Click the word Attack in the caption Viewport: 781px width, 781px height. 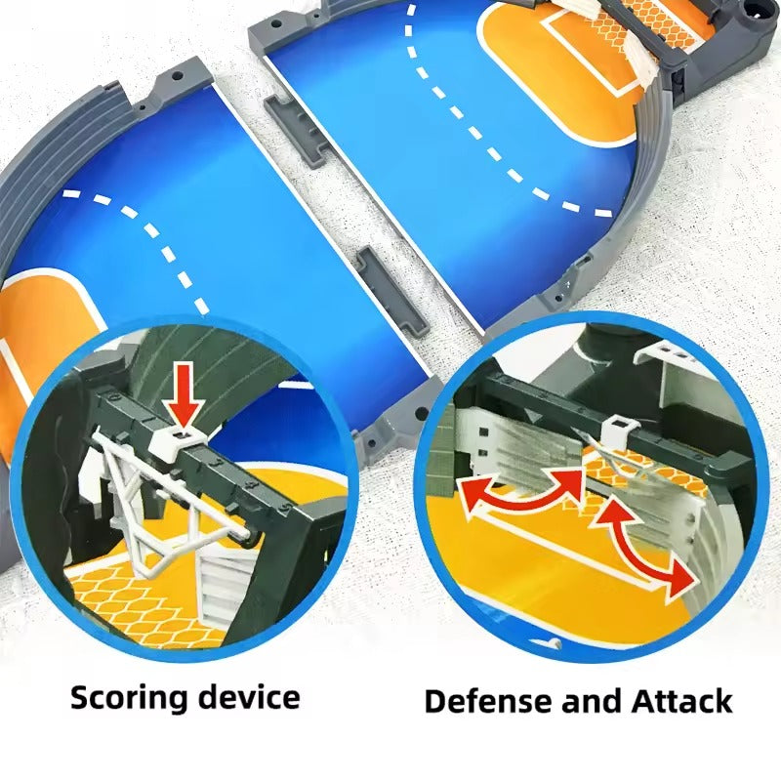pyautogui.click(x=681, y=701)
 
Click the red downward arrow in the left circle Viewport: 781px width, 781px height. pyautogui.click(x=185, y=395)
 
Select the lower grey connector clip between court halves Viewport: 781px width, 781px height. pyautogui.click(x=392, y=289)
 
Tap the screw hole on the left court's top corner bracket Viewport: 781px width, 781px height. pyautogui.click(x=176, y=77)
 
